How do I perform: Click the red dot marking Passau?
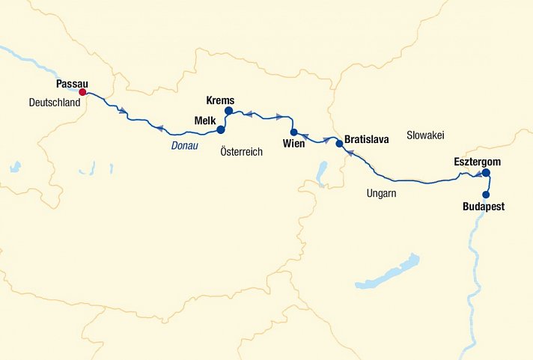click(x=83, y=93)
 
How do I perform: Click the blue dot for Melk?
click(x=220, y=129)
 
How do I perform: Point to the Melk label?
click(x=205, y=120)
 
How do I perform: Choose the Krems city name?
click(x=220, y=100)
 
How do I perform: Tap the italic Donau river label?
click(x=185, y=145)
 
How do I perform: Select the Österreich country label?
click(x=242, y=151)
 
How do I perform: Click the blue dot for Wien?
click(x=294, y=132)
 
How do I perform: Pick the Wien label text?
click(x=294, y=144)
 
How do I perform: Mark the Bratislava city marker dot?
click(x=338, y=143)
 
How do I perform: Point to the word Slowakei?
click(x=425, y=135)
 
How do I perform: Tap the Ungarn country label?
click(x=381, y=193)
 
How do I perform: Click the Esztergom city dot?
click(x=486, y=173)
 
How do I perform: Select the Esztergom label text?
click(x=477, y=162)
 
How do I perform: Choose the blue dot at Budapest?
click(x=487, y=195)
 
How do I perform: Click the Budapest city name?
click(x=484, y=207)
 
